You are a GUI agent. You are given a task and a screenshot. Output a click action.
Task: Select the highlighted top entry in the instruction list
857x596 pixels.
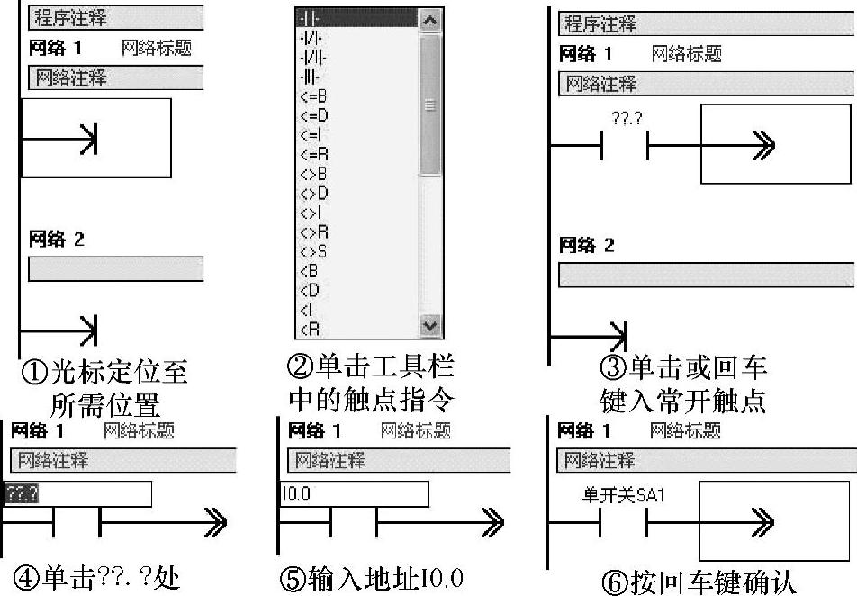pyautogui.click(x=356, y=17)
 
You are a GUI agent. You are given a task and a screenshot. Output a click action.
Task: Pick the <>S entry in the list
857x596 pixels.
pyautogui.click(x=312, y=251)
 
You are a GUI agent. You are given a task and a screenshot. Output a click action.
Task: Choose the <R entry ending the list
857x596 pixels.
pyautogui.click(x=309, y=328)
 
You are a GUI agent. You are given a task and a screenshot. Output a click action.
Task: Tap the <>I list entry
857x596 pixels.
pyautogui.click(x=310, y=212)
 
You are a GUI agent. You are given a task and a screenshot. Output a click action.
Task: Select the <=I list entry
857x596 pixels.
pyautogui.click(x=310, y=135)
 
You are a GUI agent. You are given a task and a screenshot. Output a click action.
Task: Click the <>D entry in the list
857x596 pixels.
pyautogui.click(x=312, y=193)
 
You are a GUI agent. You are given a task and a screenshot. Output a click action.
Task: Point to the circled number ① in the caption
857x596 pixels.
pyautogui.click(x=33, y=371)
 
